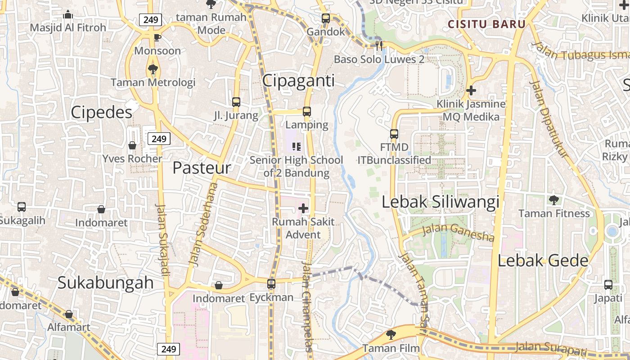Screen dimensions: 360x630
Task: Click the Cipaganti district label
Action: (x=298, y=81)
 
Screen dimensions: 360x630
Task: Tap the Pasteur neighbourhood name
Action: (x=202, y=168)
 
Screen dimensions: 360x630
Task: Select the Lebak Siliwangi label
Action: (x=441, y=202)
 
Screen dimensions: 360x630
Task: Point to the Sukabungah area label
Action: (x=106, y=283)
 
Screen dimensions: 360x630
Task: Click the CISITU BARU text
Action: (x=486, y=24)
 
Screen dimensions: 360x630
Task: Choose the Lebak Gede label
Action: (x=543, y=261)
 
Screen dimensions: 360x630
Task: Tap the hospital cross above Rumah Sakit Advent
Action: (x=303, y=208)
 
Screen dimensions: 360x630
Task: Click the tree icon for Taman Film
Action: (x=391, y=334)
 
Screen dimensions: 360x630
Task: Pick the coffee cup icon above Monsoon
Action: (x=157, y=37)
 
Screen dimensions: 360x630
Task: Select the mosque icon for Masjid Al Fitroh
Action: (x=68, y=14)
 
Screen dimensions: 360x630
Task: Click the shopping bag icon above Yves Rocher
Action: (x=132, y=145)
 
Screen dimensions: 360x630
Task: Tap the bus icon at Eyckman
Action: (x=271, y=284)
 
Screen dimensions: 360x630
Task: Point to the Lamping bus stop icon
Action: (x=307, y=111)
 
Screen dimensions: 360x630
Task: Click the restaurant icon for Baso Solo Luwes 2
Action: (x=379, y=45)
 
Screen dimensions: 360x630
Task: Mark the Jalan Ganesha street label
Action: (x=458, y=233)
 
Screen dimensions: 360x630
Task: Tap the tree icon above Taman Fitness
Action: (x=553, y=200)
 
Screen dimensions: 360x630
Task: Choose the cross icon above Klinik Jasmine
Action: (x=471, y=90)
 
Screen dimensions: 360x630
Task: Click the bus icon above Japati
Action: (x=608, y=285)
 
